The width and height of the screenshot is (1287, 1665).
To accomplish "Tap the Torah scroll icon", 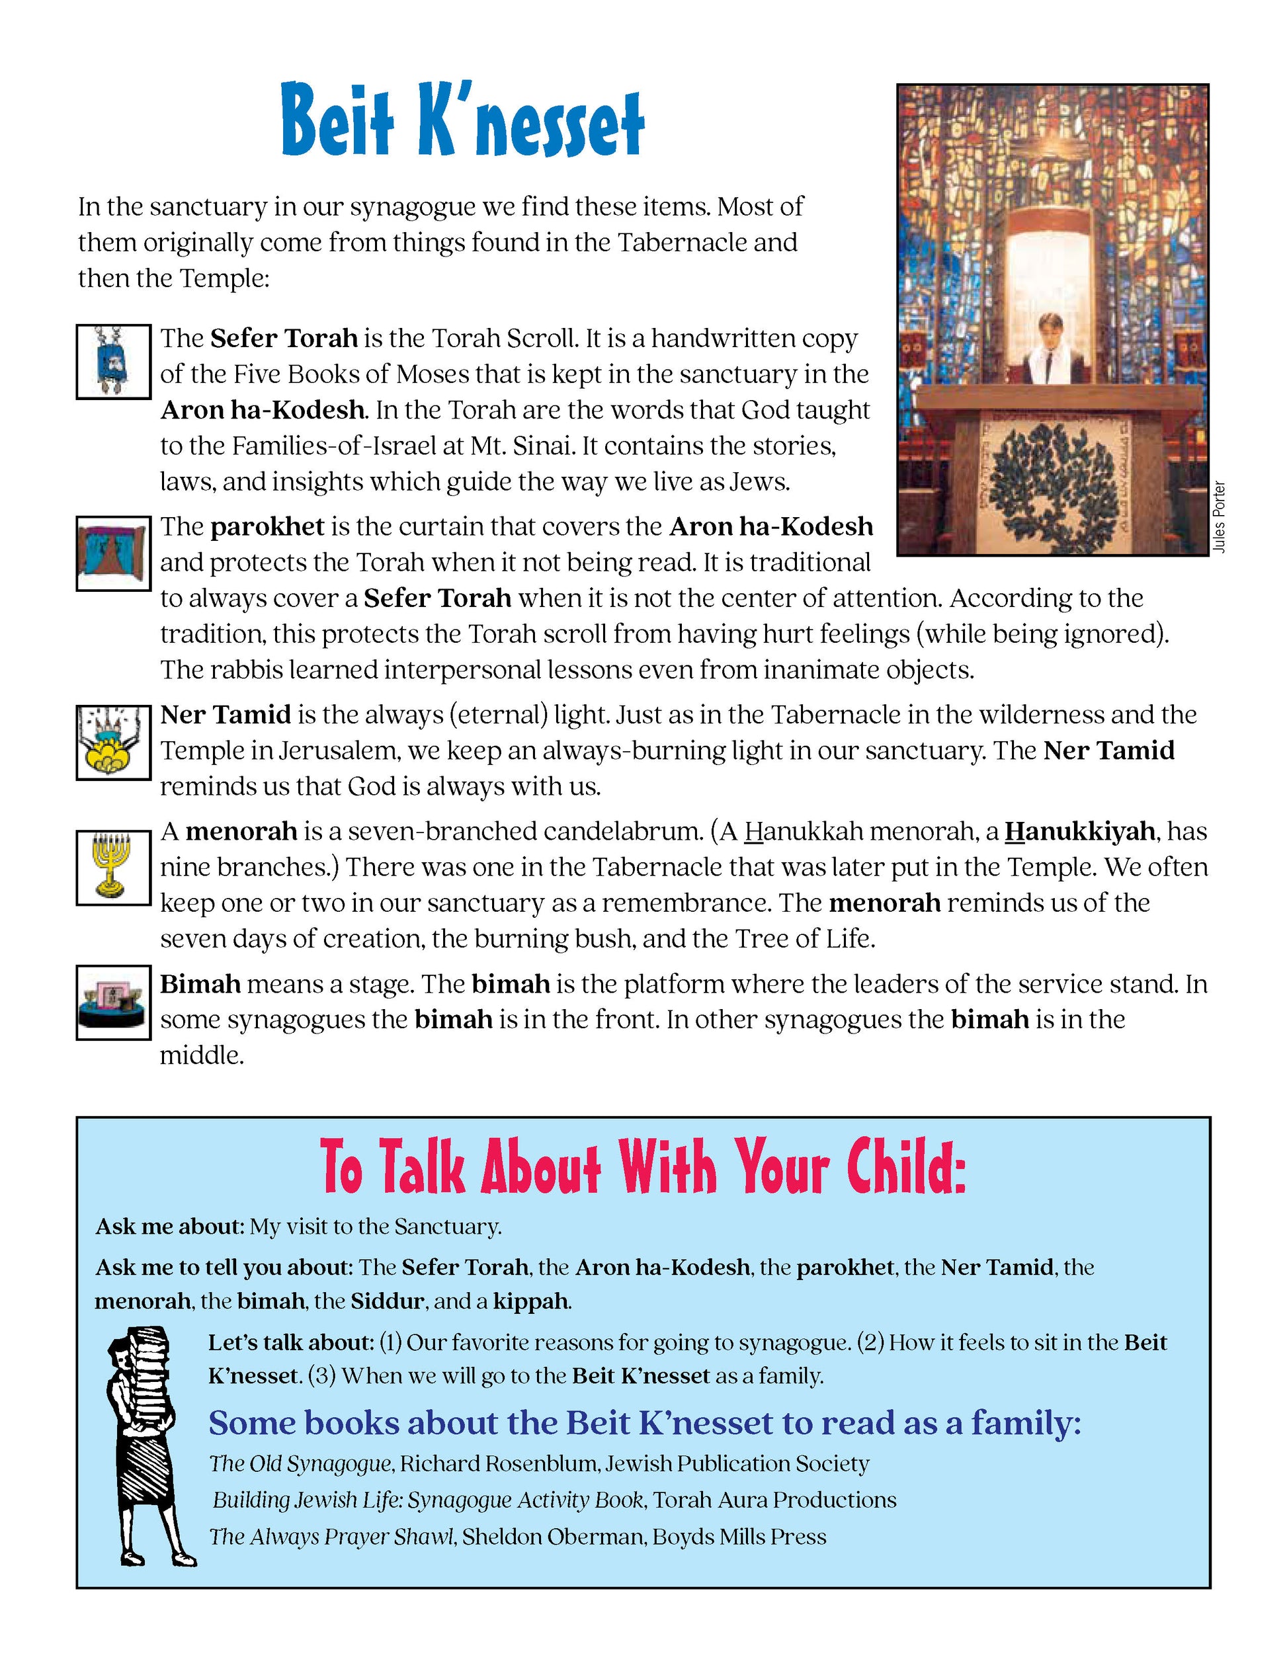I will coord(113,361).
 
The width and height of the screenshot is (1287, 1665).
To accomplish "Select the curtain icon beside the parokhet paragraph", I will coord(113,553).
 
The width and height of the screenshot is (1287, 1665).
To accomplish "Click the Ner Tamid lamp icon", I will coord(113,742).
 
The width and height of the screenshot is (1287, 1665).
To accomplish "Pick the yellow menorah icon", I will coord(113,867).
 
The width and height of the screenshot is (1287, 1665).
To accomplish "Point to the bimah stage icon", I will coord(113,1002).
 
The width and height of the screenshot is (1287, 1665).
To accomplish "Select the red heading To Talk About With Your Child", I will coord(643,1167).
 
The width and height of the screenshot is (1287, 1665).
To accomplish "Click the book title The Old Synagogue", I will coord(300,1464).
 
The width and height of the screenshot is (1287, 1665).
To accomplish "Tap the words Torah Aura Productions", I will coord(774,1500).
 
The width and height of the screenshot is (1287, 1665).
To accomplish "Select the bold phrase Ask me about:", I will coord(169,1227).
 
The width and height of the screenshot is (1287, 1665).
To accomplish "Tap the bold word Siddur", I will coord(386,1301).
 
